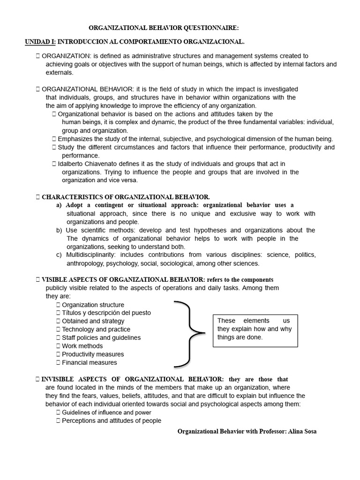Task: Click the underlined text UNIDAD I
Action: (x=39, y=42)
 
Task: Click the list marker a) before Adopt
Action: (x=59, y=205)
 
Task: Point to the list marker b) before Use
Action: (x=59, y=230)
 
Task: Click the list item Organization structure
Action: (x=93, y=305)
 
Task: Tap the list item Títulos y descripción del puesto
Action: (x=106, y=313)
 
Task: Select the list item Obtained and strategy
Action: (x=93, y=321)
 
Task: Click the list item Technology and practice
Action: (x=96, y=330)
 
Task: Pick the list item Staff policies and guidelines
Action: (x=101, y=337)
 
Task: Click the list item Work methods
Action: (x=82, y=346)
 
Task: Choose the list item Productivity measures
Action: (x=93, y=354)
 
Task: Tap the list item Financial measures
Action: (x=90, y=362)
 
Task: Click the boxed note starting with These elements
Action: (x=255, y=329)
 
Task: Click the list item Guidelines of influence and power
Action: (x=106, y=412)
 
